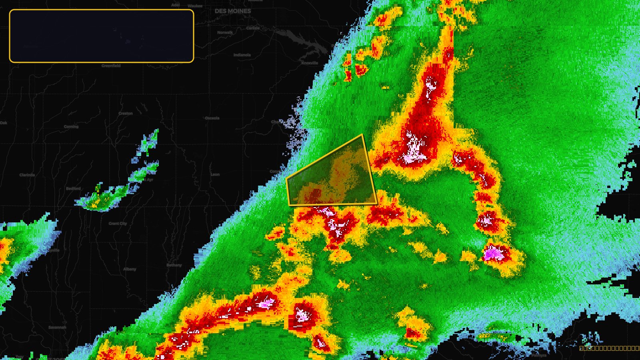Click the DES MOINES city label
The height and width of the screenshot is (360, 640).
click(233, 11)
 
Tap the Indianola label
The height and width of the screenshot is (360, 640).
click(242, 55)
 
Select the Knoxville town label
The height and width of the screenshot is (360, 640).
click(310, 63)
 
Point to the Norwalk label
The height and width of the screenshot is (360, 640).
click(225, 33)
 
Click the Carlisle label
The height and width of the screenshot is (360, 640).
click(253, 28)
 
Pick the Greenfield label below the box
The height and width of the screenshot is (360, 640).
click(111, 66)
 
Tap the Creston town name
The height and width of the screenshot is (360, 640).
click(126, 114)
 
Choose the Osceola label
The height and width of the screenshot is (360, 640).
click(212, 118)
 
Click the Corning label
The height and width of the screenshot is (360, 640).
click(71, 127)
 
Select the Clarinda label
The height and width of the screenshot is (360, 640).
click(27, 175)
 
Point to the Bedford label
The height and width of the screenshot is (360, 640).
click(73, 188)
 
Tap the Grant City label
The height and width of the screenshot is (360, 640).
click(118, 224)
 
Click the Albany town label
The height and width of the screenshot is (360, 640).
click(130, 269)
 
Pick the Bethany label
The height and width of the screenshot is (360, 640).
click(174, 265)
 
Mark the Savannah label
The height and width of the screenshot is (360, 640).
click(57, 328)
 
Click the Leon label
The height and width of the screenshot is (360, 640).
click(215, 174)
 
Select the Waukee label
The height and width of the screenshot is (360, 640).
click(195, 6)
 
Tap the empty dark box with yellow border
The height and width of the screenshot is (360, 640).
click(102, 36)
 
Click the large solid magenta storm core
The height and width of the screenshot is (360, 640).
click(493, 254)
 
